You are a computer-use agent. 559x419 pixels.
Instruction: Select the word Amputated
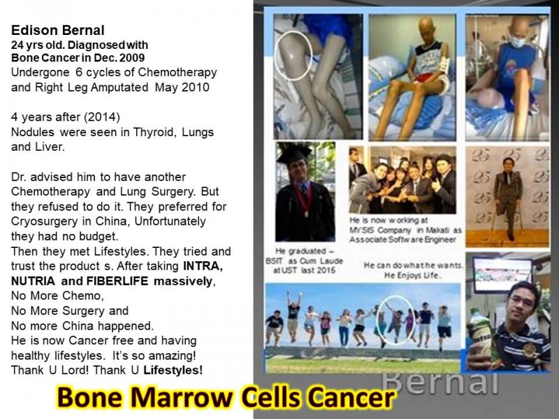[x=119, y=87]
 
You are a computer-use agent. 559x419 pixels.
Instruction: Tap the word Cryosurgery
[x=44, y=221]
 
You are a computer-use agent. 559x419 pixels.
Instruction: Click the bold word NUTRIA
[x=33, y=281]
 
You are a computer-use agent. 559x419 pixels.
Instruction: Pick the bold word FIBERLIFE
[x=117, y=281]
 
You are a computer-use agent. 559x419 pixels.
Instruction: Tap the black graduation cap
[x=293, y=154]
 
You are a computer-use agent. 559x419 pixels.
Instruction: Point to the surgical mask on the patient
[x=517, y=42]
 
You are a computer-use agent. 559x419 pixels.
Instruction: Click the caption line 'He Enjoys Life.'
[x=412, y=275]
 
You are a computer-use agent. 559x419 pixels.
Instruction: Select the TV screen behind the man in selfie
[x=502, y=275]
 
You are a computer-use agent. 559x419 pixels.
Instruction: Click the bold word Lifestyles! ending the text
[x=173, y=370]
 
